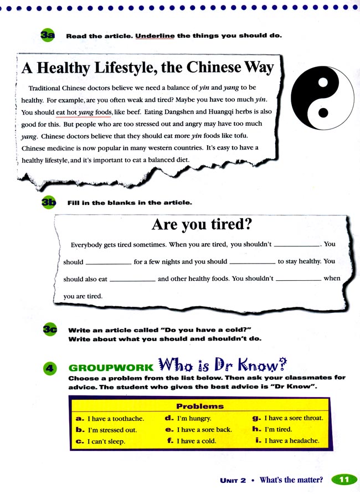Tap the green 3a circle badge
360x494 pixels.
47,35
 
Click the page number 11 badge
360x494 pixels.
343,480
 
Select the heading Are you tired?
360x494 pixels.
202,224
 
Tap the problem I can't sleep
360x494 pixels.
106,442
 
